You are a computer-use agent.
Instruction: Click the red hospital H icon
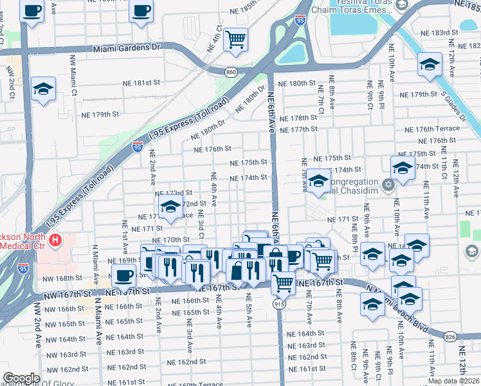coord(56,241)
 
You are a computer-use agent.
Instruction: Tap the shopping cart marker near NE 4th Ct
coord(236,39)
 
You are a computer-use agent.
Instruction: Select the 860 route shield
coord(230,71)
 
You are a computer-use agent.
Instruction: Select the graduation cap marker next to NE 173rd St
coord(170,207)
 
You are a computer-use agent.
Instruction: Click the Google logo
coord(21,378)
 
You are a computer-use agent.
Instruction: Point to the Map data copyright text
coord(454,381)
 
